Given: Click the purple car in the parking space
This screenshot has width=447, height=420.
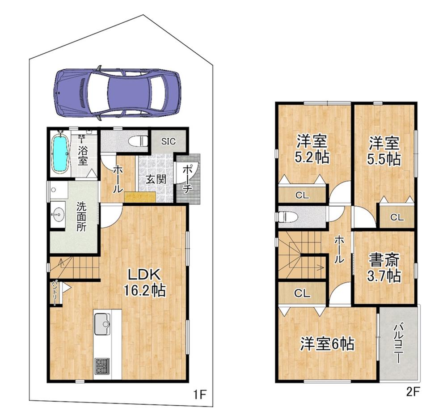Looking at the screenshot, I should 117,93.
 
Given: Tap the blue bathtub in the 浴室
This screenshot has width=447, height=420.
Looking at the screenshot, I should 59,154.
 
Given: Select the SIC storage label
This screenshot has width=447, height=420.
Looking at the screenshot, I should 168,141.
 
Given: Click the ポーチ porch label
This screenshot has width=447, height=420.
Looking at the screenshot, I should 188,179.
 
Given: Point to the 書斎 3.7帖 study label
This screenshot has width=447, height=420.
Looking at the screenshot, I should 384,268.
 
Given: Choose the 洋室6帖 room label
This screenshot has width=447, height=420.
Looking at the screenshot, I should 327,344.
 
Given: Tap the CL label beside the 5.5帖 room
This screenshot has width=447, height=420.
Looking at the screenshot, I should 396,218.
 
